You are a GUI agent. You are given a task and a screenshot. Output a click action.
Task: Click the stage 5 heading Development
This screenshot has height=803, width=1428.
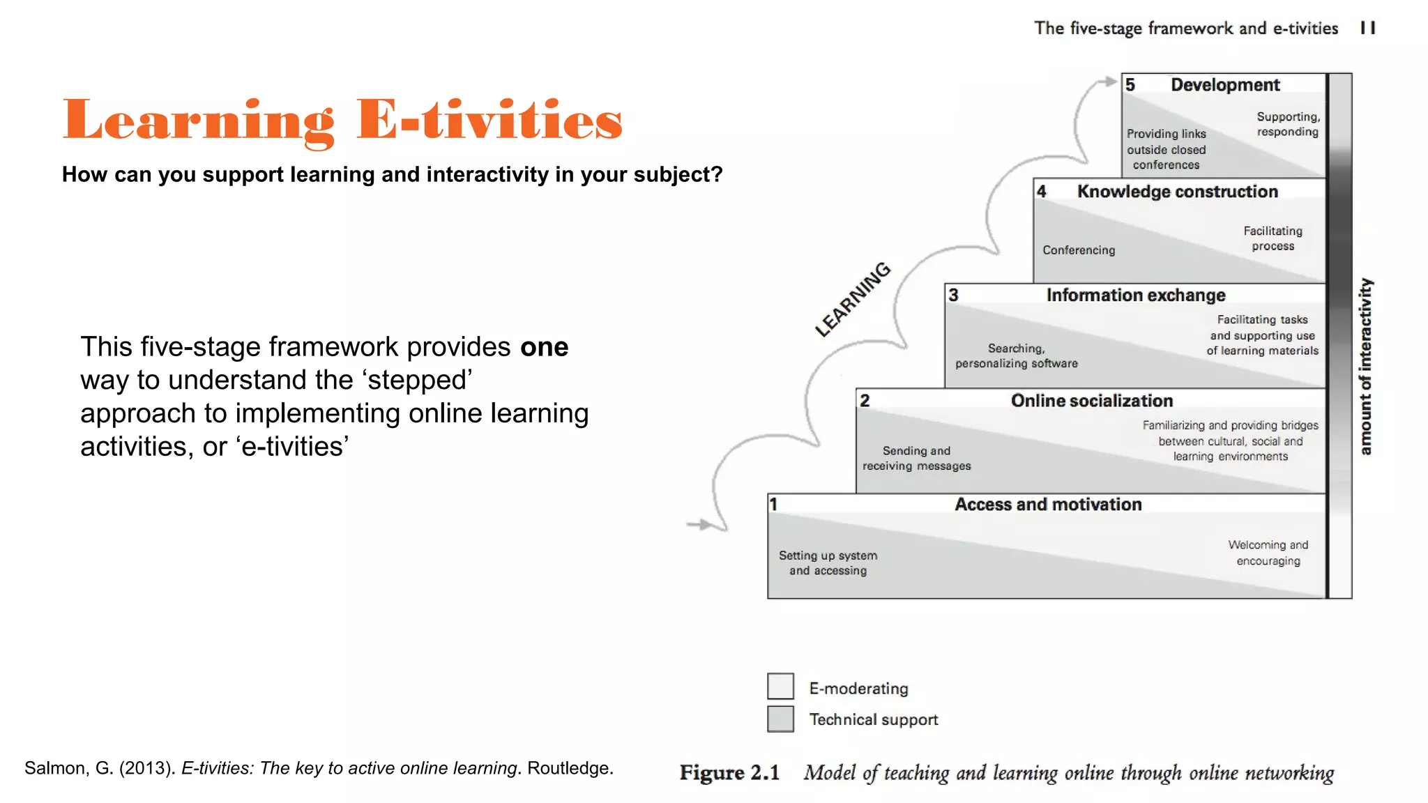[1225, 85]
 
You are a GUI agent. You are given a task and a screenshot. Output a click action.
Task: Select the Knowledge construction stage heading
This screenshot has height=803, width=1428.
[1177, 192]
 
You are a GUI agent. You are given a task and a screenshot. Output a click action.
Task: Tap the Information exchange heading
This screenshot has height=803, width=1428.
[1135, 296]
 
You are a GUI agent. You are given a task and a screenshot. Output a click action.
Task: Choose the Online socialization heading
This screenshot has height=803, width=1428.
[1091, 401]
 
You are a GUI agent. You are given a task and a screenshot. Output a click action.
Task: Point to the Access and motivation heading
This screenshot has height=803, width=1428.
[1047, 505]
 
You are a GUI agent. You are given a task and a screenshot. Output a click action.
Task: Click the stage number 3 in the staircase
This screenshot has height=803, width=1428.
[953, 296]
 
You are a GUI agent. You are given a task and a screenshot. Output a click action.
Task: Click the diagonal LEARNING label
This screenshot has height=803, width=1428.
[853, 300]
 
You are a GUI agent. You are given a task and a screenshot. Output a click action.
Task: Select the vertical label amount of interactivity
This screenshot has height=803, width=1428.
[1365, 367]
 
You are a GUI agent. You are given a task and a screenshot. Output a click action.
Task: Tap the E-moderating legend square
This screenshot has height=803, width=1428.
[780, 687]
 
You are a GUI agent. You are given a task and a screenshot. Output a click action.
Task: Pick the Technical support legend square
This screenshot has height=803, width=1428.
[780, 719]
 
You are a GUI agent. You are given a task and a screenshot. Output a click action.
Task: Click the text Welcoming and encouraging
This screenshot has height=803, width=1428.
[1268, 553]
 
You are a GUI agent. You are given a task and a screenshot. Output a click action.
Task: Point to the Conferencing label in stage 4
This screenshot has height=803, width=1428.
[1078, 250]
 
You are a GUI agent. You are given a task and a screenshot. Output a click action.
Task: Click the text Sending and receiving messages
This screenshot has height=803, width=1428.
[916, 459]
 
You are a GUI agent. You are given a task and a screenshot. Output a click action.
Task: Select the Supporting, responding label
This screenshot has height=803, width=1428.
[1287, 124]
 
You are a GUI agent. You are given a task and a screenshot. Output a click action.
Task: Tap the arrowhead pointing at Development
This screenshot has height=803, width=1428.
[1109, 82]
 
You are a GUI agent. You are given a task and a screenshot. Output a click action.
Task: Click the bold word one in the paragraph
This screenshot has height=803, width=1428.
[544, 347]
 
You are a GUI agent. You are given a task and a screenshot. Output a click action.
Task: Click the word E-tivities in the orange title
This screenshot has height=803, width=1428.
[489, 121]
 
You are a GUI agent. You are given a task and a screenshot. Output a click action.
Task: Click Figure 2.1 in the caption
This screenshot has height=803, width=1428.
[729, 773]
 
